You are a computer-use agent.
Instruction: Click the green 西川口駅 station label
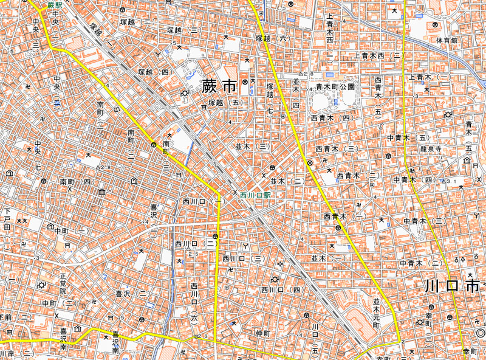(254, 196)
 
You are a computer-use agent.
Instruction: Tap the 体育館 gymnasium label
(446, 40)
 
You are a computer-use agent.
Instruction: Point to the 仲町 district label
(262, 333)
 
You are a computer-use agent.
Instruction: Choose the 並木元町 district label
(376, 314)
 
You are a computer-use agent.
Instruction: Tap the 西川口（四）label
(281, 290)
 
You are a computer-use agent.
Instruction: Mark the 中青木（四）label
(414, 180)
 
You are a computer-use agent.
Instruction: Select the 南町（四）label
(75, 182)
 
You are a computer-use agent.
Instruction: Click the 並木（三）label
(253, 147)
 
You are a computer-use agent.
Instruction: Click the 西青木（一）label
(344, 216)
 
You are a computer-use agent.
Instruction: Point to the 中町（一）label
(69, 231)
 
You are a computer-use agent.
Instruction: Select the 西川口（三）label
(242, 258)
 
